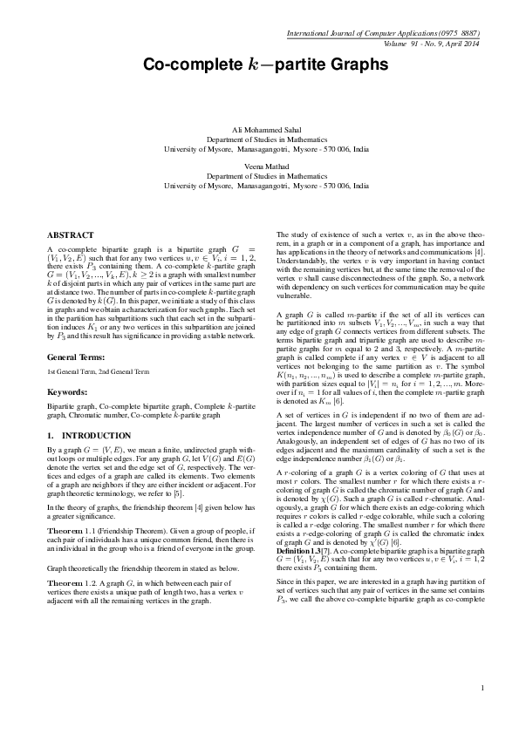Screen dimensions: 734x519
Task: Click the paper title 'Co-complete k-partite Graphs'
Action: tap(259, 65)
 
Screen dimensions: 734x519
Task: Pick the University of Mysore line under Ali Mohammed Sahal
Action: tap(259, 149)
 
